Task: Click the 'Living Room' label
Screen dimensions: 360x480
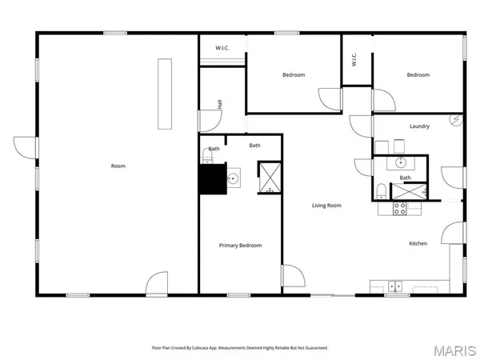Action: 326,206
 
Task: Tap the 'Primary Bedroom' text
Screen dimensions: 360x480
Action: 240,246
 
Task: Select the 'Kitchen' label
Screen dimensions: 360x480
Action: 418,243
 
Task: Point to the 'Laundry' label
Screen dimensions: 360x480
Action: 420,126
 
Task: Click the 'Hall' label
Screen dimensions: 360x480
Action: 219,105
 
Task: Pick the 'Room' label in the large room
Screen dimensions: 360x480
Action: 118,166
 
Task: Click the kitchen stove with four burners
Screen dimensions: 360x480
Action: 399,209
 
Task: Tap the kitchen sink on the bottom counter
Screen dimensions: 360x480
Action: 394,285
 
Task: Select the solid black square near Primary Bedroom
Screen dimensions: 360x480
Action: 210,179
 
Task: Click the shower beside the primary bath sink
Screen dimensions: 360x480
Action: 269,178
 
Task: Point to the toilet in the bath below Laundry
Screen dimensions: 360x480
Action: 382,190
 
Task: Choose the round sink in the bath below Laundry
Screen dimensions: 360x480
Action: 400,162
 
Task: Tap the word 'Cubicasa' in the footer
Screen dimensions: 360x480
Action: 210,348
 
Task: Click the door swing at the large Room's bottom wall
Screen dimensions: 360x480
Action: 157,284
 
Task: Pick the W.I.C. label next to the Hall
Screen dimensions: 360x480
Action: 223,49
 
